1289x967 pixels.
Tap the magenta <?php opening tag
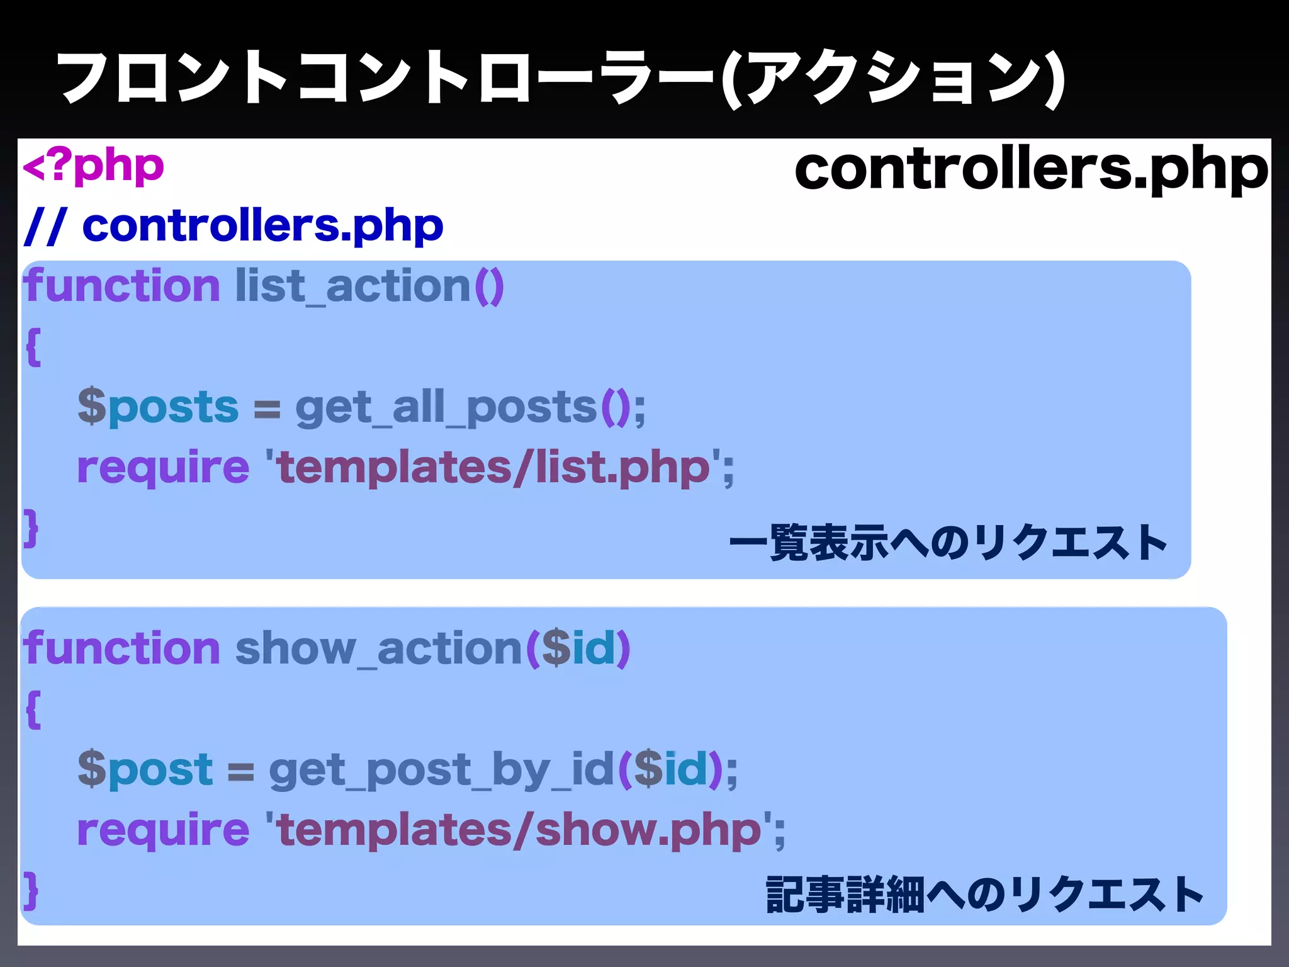tap(93, 167)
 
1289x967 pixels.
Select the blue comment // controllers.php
tap(233, 225)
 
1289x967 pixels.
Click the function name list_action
tap(352, 286)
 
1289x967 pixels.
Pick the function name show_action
tap(378, 648)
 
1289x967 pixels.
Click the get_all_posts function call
tap(446, 408)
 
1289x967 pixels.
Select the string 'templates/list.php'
tap(495, 467)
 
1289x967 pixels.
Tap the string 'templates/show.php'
tap(520, 829)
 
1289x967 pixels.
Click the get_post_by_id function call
tap(441, 769)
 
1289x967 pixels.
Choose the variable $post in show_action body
tap(145, 769)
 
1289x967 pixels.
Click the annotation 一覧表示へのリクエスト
tap(948, 543)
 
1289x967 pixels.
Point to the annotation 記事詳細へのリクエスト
tap(984, 894)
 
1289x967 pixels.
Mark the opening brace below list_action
tap(33, 347)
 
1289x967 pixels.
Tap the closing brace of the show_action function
tap(31, 890)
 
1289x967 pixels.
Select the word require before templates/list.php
tap(163, 467)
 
